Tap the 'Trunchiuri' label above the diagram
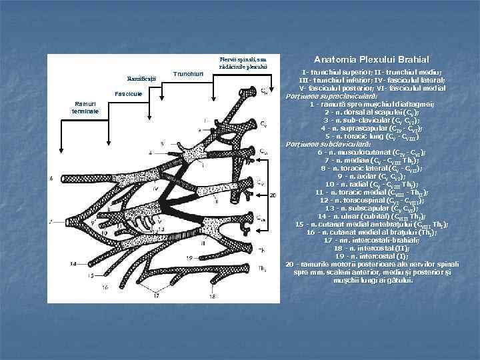click(187, 73)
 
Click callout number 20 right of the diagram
click(272, 195)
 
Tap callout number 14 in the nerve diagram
click(73, 264)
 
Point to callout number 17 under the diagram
click(157, 294)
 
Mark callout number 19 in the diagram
click(171, 257)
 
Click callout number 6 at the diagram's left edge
click(51, 178)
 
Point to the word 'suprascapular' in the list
click(359, 128)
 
